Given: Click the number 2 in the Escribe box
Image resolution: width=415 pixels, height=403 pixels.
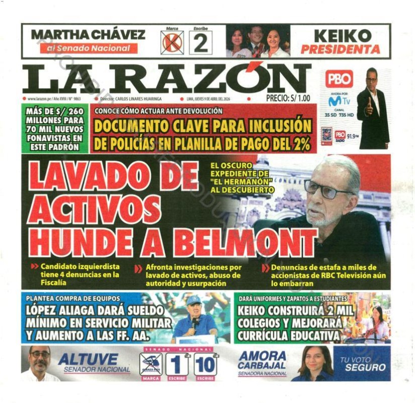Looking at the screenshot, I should coord(200,43).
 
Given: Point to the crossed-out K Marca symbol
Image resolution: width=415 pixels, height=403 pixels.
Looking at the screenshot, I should coord(172,43).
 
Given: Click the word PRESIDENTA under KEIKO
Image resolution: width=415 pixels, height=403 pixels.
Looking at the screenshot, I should coord(340,49).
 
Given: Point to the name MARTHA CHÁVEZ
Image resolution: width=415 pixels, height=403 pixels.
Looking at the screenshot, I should coord(88,35).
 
